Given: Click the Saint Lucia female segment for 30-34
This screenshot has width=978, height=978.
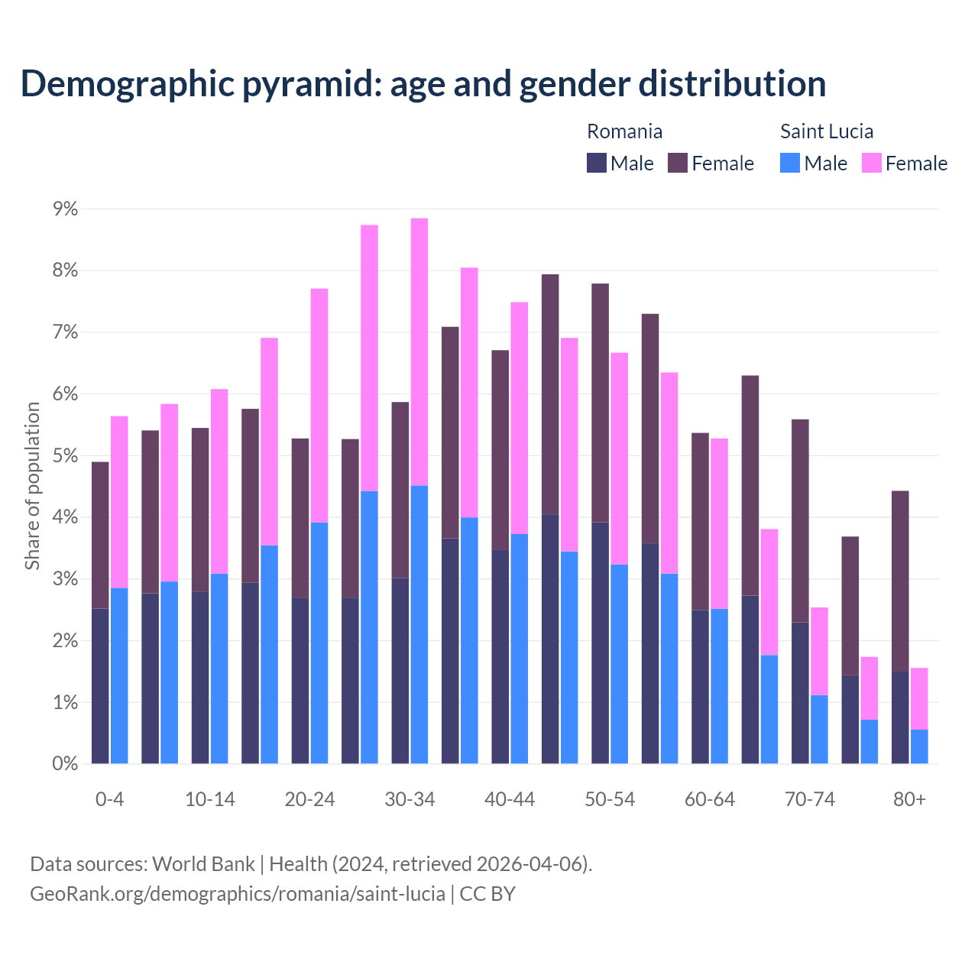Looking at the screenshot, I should click(419, 351).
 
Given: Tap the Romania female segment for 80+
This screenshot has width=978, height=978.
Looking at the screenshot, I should click(900, 581).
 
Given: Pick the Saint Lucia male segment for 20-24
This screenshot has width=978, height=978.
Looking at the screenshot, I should click(319, 643).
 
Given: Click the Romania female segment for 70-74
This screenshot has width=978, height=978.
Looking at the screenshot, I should click(800, 520).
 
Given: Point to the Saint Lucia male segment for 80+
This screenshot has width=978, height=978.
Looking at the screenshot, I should click(919, 746).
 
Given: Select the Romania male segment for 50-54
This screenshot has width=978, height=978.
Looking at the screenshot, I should click(601, 643).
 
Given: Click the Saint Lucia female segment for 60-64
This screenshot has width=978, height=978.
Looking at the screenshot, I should click(719, 523).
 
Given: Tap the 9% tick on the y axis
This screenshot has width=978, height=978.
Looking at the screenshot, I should click(65, 209).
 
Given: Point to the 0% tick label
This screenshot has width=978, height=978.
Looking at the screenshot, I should click(65, 763).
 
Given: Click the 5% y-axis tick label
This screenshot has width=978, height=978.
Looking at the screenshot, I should click(65, 455).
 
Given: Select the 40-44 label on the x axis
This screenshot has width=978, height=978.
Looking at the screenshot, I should click(510, 799).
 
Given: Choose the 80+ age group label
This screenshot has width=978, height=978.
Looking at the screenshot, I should click(909, 799).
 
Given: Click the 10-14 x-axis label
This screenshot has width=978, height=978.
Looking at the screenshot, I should click(210, 799).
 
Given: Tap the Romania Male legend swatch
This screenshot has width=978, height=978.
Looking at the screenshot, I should click(597, 163).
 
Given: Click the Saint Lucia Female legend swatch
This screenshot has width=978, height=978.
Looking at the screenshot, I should click(871, 163).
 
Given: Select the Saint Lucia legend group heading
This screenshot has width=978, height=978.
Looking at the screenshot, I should click(826, 131).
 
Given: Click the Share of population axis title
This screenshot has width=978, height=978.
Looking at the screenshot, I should click(32, 486).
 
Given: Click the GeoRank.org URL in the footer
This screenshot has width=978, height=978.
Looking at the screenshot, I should click(237, 893).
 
